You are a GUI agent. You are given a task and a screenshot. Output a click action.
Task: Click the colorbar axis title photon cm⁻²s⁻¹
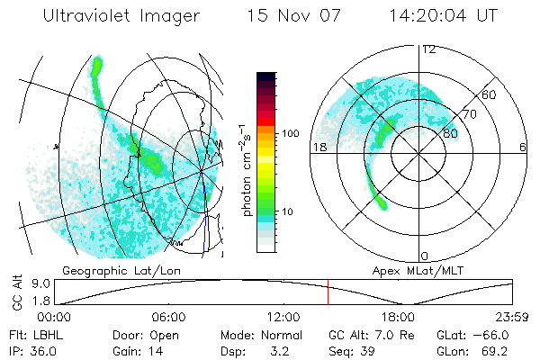click(x=246, y=168)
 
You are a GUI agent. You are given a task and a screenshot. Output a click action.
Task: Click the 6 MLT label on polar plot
click(x=523, y=147)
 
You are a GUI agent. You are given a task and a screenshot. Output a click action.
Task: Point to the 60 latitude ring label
click(x=490, y=94)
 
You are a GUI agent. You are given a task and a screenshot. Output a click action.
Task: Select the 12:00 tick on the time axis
click(x=283, y=317)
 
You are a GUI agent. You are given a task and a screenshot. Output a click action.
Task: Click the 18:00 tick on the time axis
click(x=398, y=317)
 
